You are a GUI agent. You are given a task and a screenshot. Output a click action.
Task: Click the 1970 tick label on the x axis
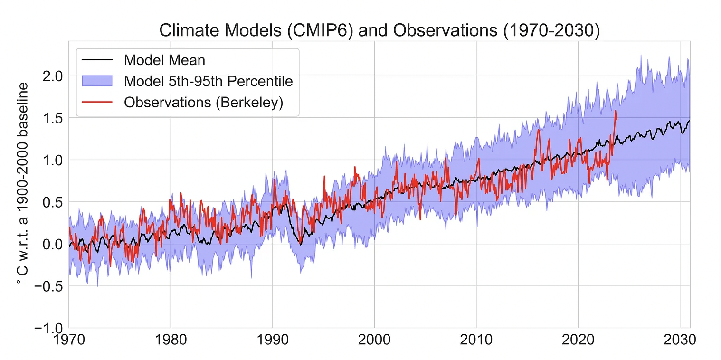68,341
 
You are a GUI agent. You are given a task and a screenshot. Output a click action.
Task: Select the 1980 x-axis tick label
171,341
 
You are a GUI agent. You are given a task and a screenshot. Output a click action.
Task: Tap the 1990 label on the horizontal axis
272,341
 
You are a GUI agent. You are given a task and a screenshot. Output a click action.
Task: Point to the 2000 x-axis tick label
374,341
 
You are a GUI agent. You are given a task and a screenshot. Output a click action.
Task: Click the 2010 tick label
476,341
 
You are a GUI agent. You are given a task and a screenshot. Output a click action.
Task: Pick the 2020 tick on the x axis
578,341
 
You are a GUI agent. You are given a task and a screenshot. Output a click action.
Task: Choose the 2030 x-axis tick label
680,341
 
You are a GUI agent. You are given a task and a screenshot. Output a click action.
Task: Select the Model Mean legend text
164,60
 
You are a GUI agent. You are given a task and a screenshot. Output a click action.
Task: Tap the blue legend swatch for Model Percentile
97,81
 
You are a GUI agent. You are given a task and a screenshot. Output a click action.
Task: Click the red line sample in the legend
97,102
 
